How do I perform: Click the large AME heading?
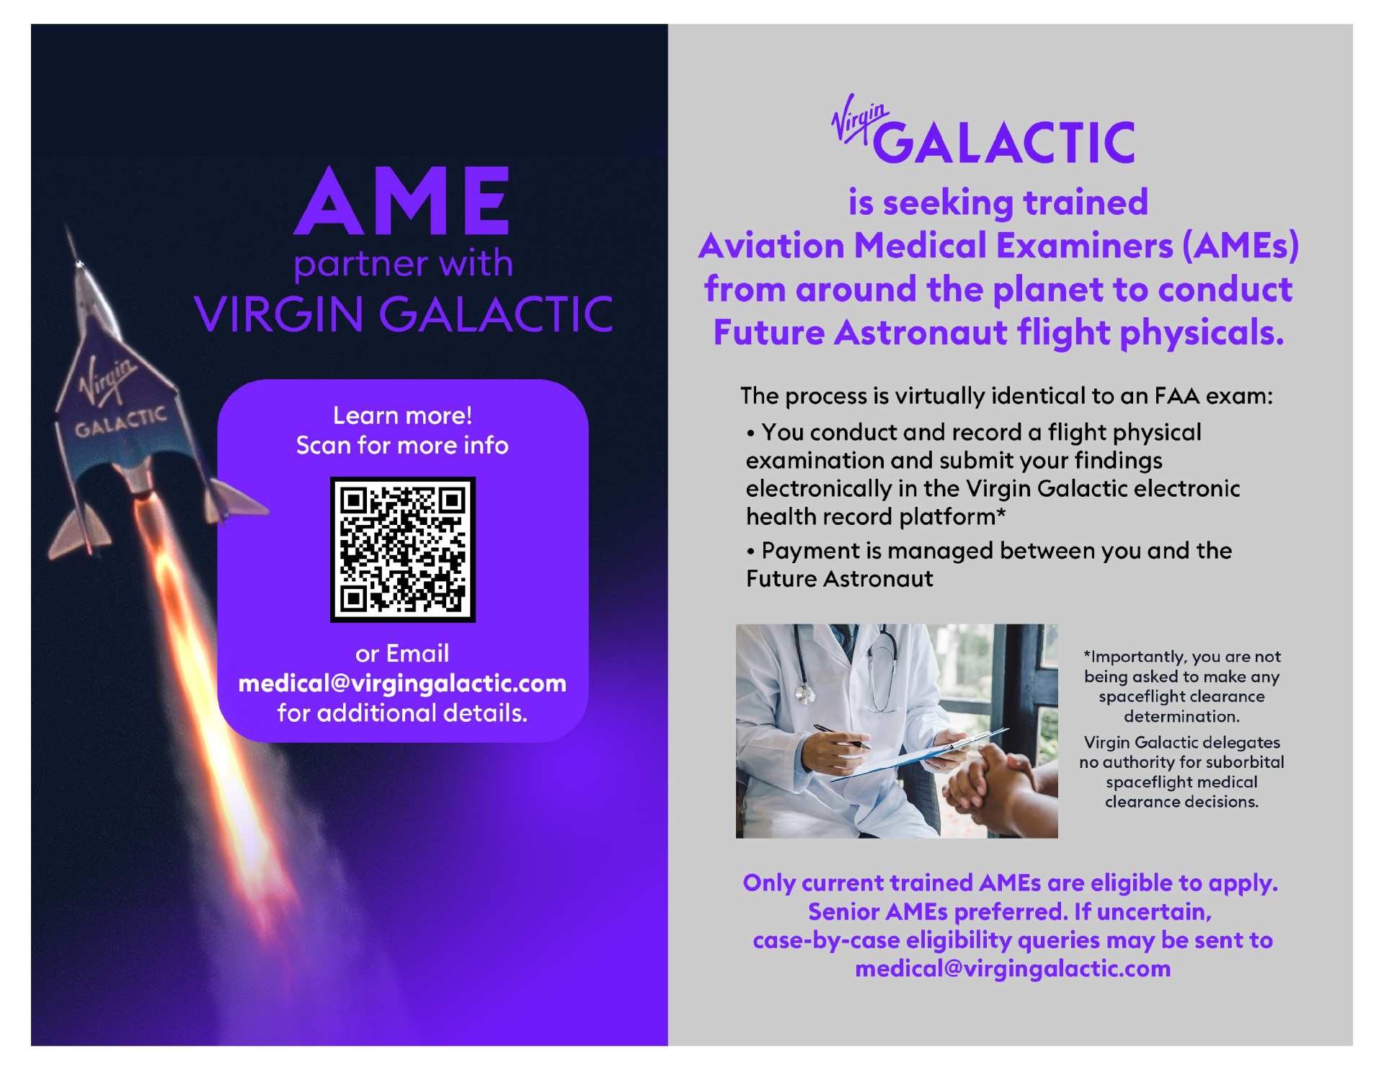(402, 201)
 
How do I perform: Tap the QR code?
(402, 549)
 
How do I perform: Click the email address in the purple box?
(402, 684)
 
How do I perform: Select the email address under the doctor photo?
(1012, 968)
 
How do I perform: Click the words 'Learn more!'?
(402, 415)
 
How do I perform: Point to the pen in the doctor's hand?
(840, 737)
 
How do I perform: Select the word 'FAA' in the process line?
(1176, 396)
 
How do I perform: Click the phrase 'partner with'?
(402, 264)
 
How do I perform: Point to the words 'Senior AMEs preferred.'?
(937, 912)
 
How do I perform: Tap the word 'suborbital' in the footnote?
(1245, 762)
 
